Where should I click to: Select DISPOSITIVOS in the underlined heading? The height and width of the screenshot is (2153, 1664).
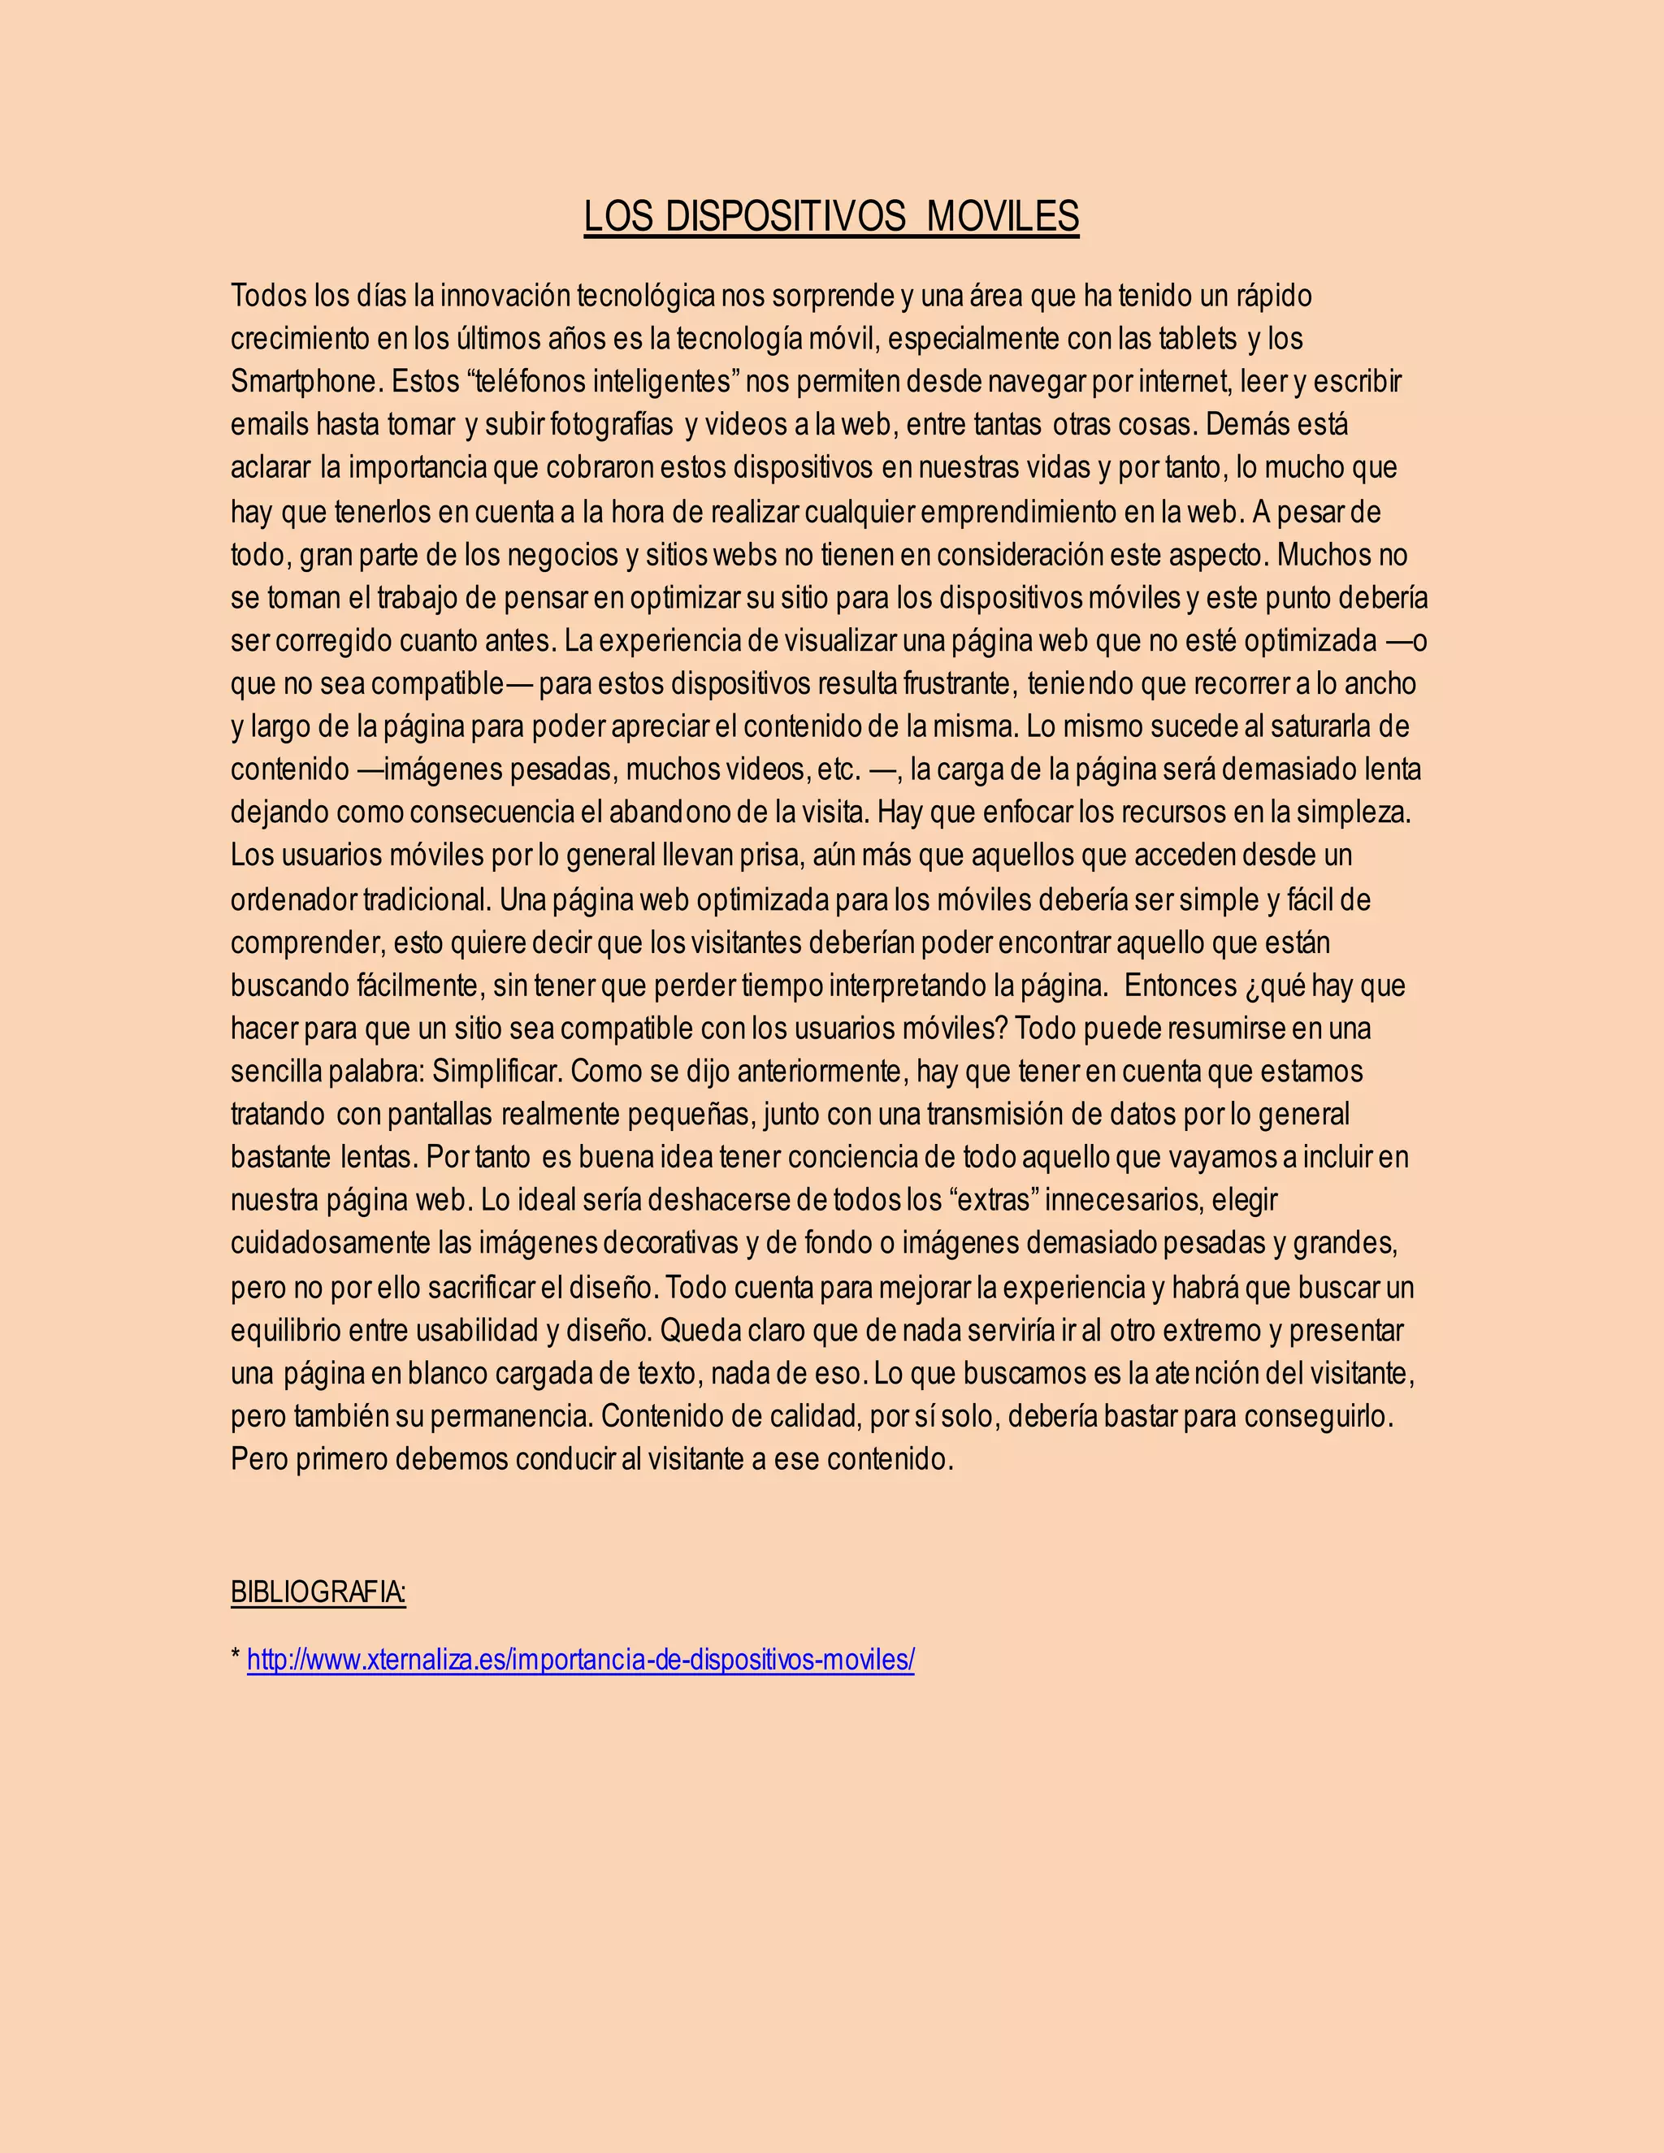click(785, 217)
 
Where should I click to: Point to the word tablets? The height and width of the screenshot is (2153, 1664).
click(1198, 338)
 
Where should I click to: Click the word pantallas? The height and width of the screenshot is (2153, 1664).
click(440, 1114)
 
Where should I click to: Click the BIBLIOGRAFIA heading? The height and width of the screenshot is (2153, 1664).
click(318, 1592)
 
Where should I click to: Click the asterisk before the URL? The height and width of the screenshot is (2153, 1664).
click(236, 1657)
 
